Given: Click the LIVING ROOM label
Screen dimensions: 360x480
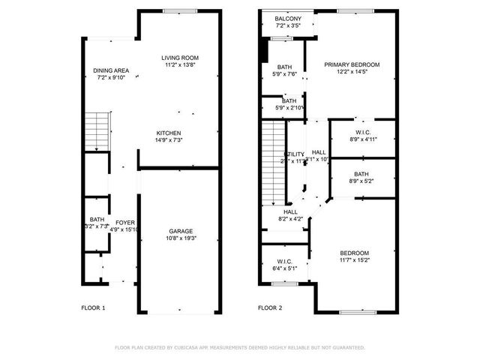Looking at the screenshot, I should click(180, 58).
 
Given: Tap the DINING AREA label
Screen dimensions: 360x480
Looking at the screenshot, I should click(112, 70).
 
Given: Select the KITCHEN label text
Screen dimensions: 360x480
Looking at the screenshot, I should click(168, 133).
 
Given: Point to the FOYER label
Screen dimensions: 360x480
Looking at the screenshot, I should click(125, 222).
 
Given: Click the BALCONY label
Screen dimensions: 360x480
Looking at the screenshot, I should click(287, 19).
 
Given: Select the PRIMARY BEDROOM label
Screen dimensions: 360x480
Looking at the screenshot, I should click(352, 64).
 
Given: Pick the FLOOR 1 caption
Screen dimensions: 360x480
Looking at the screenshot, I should click(93, 308).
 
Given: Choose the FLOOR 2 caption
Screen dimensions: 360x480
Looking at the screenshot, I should click(271, 308).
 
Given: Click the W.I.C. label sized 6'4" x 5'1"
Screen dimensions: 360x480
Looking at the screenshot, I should click(285, 261).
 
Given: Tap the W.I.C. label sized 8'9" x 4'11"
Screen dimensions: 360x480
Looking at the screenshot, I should click(363, 132).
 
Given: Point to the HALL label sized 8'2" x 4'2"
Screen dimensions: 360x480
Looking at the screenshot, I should click(291, 212).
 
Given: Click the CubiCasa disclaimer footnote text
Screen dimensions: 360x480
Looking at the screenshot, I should click(239, 347).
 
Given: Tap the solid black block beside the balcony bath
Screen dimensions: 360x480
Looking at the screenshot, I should click(263, 51).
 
